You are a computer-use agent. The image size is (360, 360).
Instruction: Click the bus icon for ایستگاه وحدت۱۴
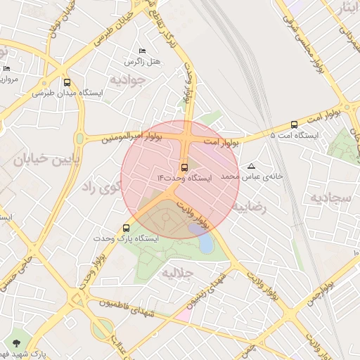point(184,167)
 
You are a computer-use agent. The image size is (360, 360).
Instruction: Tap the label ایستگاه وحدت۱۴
point(184,179)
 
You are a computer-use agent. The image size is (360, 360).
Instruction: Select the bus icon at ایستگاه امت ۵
point(294,124)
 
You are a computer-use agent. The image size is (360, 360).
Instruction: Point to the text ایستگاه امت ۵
point(295,134)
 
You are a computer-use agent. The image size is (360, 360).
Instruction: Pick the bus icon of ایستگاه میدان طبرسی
point(67,82)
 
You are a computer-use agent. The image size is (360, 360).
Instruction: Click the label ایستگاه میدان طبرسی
point(67,93)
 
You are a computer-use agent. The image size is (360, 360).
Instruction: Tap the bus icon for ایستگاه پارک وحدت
point(127,228)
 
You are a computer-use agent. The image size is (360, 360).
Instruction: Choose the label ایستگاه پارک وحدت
point(127,238)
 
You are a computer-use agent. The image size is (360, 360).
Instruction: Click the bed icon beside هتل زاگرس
point(143,51)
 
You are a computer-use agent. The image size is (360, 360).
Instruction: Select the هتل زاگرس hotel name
point(143,62)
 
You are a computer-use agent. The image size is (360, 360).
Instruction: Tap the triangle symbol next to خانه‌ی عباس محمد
point(252,167)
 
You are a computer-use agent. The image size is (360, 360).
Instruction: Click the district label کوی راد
point(101,187)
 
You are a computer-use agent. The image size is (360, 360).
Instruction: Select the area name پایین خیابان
point(38,160)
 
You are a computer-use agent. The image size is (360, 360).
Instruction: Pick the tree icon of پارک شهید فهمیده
point(15,342)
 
